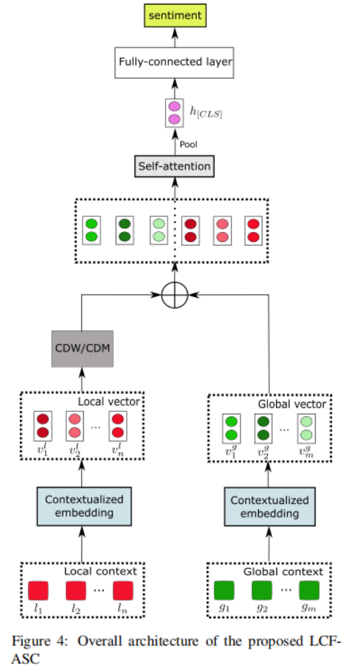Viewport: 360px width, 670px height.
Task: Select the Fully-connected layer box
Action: tap(175, 62)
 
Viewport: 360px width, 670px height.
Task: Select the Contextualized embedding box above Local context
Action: tap(84, 507)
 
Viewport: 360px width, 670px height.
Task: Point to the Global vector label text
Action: tap(291, 404)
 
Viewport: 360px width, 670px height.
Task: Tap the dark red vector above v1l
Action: tap(43, 426)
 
